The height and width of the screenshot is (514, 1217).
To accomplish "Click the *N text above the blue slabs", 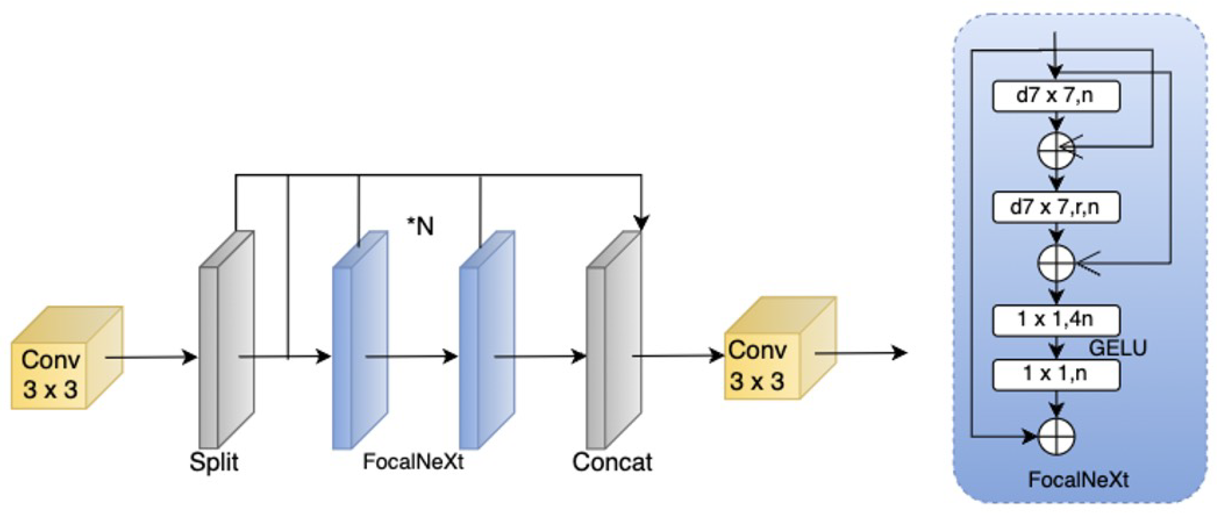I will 421,227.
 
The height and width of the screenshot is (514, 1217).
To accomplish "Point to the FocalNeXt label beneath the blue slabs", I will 413,461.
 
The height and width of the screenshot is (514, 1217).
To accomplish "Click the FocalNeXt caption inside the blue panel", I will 1078,480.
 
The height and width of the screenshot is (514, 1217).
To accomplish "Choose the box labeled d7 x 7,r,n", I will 1056,207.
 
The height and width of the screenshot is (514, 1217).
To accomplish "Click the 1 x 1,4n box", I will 1056,320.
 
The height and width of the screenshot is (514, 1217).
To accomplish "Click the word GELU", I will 1118,348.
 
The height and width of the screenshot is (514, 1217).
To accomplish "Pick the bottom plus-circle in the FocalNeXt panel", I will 1056,436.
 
